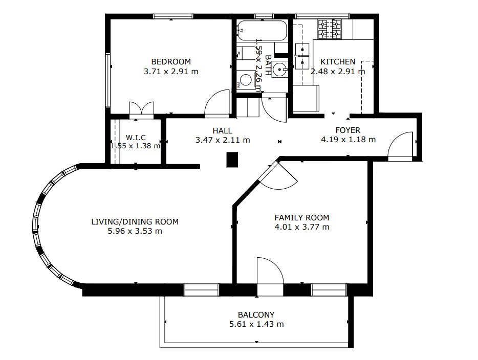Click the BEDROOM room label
click(171, 61)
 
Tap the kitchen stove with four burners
click(330, 29)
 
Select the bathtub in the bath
click(262, 31)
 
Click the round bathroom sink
click(279, 70)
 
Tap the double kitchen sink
click(302, 56)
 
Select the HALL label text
click(222, 131)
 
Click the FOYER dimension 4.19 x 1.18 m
click(348, 140)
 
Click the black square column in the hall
click(232, 160)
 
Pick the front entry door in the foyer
click(400, 146)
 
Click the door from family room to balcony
click(270, 276)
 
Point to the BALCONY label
click(256, 314)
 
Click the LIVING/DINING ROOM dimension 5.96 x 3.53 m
click(135, 231)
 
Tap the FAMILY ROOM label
click(302, 217)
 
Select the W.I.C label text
click(136, 138)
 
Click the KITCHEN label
click(338, 61)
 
